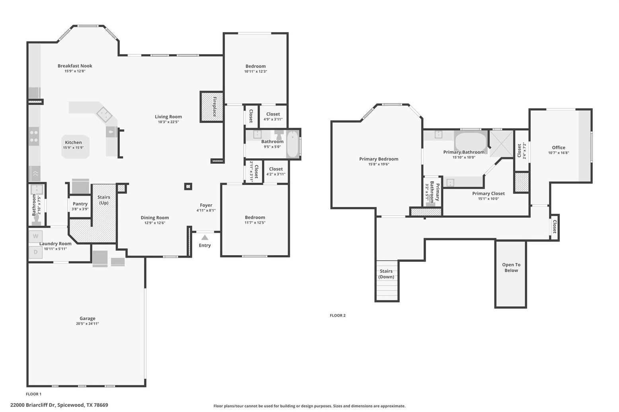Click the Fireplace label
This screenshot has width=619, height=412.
click(x=214, y=106)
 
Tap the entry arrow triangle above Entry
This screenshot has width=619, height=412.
click(x=205, y=237)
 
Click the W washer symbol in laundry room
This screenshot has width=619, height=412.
click(x=36, y=236)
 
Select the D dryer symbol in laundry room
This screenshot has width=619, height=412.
click(x=36, y=252)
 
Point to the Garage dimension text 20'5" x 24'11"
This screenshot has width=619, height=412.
click(x=88, y=323)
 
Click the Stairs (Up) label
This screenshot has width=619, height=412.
click(x=103, y=200)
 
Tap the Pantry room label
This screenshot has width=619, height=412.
click(x=80, y=204)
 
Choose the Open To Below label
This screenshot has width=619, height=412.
click(x=511, y=267)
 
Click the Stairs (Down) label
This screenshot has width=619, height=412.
click(x=386, y=274)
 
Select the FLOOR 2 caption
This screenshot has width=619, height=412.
click(x=337, y=315)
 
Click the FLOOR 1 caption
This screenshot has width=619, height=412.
click(x=34, y=394)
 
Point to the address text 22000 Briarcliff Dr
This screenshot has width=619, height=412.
click(x=33, y=405)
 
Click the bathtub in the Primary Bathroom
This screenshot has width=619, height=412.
click(x=471, y=142)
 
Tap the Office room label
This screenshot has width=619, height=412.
click(x=559, y=147)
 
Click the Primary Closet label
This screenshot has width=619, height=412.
click(x=488, y=193)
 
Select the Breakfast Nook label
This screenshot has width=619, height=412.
click(x=75, y=66)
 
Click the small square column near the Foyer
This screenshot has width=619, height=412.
click(x=188, y=187)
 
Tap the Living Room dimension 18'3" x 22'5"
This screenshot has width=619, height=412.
click(x=168, y=122)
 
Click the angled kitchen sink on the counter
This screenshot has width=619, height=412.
click(x=104, y=115)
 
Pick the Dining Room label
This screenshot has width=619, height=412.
click(x=155, y=217)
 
